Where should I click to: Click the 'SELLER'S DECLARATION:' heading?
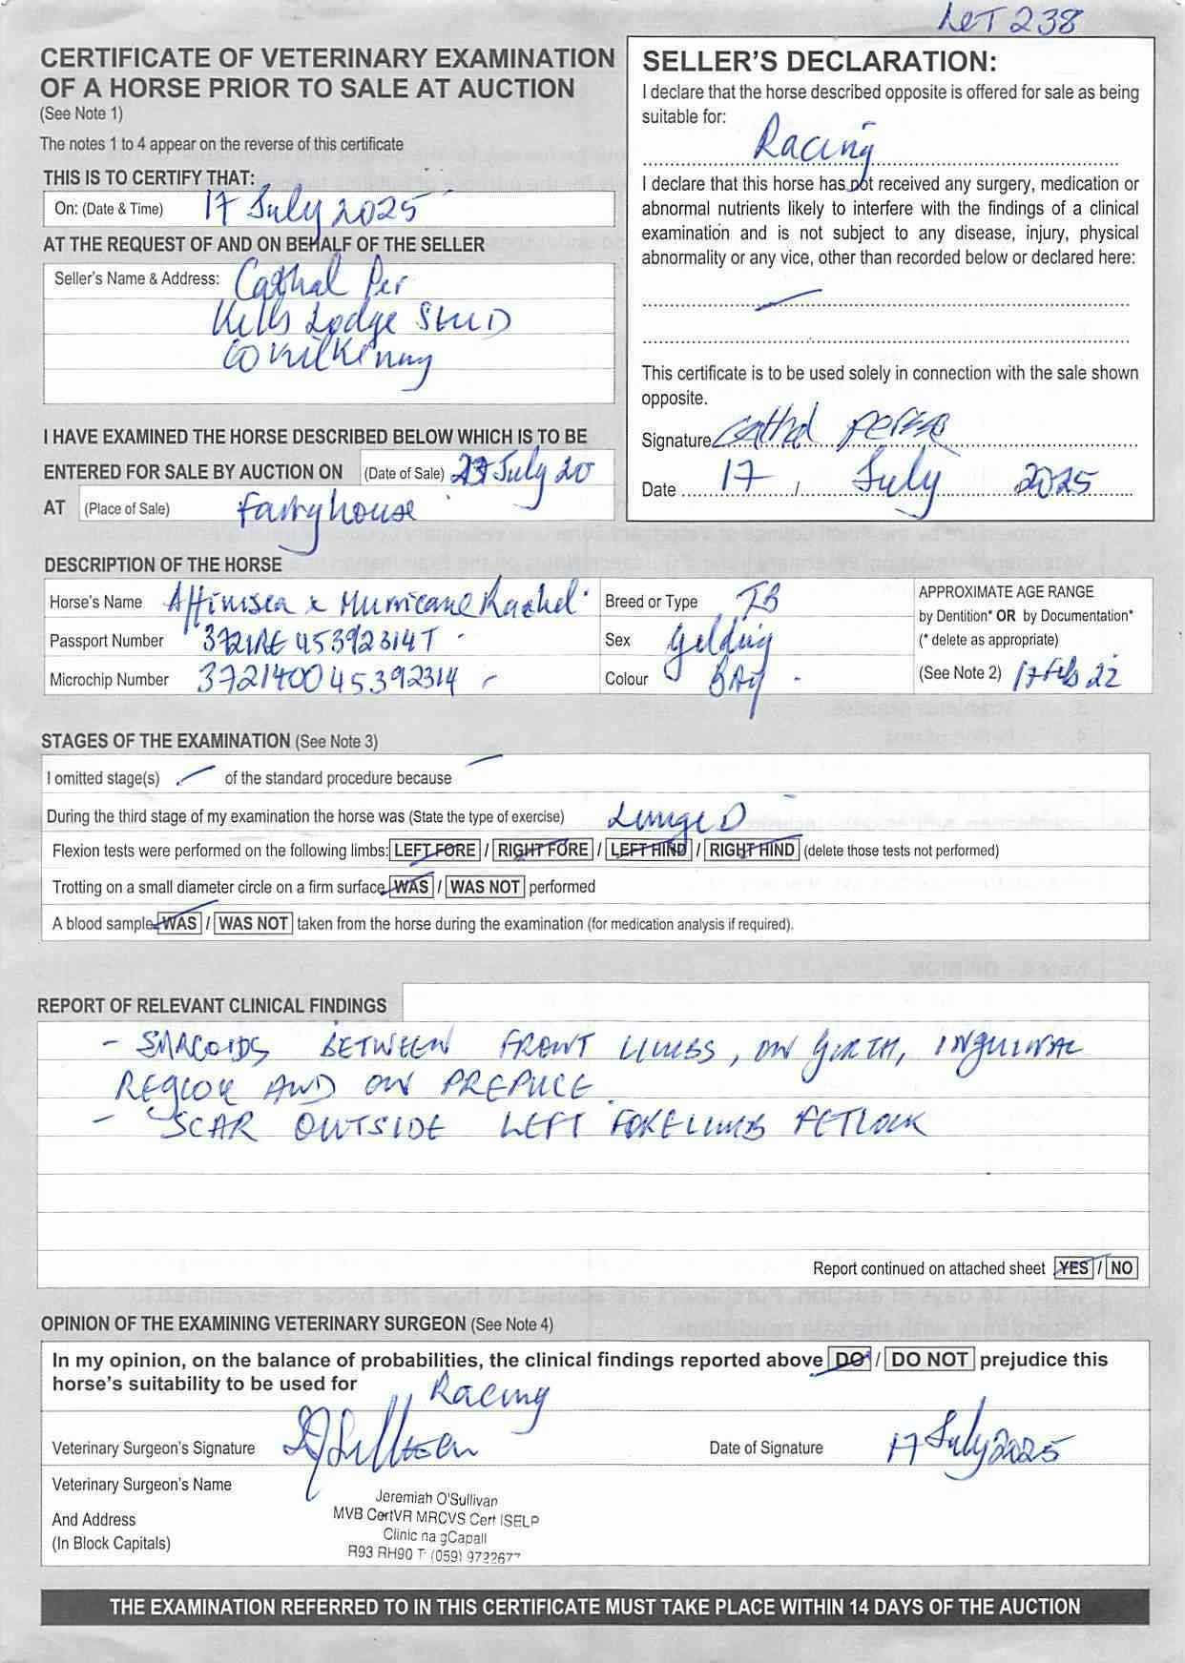point(820,63)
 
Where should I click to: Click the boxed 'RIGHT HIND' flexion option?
point(751,851)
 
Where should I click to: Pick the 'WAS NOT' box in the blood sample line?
point(253,923)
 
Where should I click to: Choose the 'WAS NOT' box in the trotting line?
point(485,887)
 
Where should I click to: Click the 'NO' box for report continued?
point(1122,1268)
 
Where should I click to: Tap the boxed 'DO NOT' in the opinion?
point(930,1360)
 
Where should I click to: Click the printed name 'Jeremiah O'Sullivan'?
point(436,1500)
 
